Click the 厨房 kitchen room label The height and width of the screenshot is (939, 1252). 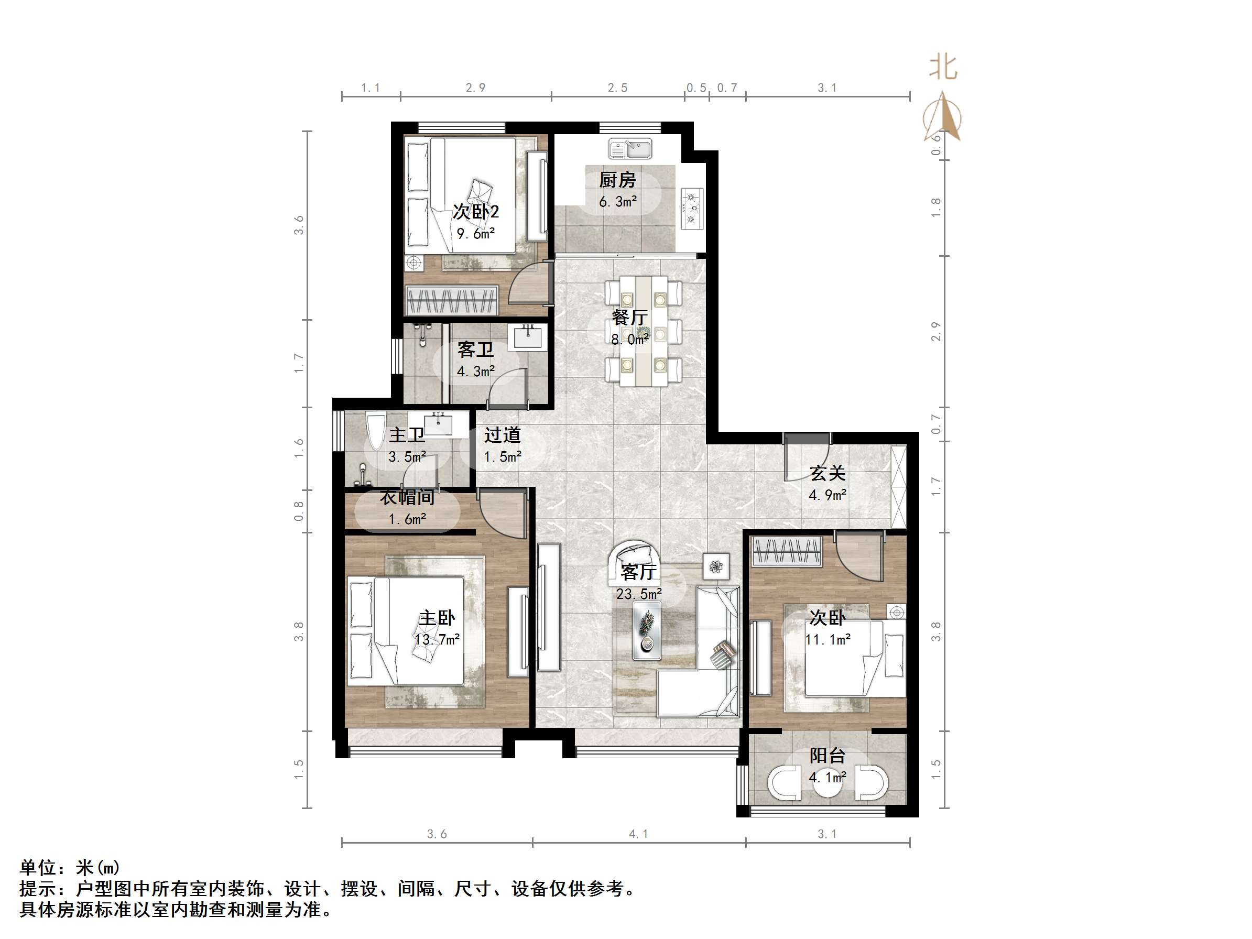[x=617, y=180]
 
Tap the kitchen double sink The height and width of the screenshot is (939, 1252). [x=630, y=149]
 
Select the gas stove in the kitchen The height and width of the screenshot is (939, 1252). [x=691, y=209]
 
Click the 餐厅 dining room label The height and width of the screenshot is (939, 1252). [x=629, y=317]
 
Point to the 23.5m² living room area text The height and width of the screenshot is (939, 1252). [x=638, y=594]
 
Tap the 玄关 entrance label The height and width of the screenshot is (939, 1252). [x=827, y=473]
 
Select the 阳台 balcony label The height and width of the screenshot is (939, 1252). [x=827, y=756]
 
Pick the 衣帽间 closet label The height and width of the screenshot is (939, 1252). [x=407, y=497]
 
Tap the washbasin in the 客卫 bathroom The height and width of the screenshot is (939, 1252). [x=528, y=337]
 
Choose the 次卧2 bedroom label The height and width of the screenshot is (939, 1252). [x=475, y=212]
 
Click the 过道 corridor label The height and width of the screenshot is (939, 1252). [x=502, y=435]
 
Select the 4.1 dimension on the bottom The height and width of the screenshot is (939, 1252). [x=638, y=834]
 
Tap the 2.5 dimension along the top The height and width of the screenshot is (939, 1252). [x=617, y=88]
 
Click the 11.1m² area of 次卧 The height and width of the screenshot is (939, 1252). [x=828, y=640]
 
